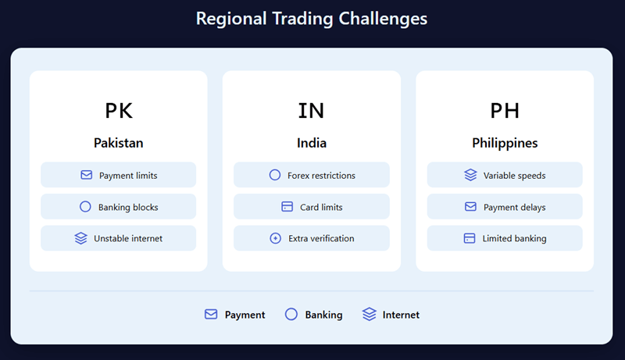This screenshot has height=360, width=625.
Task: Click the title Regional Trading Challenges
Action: (x=312, y=18)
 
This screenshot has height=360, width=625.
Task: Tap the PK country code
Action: (x=119, y=111)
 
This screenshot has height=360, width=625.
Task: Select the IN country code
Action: (x=312, y=111)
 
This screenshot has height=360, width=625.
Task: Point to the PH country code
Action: (x=505, y=111)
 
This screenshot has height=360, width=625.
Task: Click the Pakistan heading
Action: (x=119, y=144)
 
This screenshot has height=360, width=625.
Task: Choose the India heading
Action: (x=312, y=144)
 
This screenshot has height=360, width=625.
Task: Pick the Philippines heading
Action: (x=505, y=144)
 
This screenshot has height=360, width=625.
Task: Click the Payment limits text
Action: (x=128, y=176)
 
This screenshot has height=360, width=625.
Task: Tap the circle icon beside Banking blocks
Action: (x=85, y=207)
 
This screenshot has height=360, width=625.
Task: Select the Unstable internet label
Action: (x=128, y=238)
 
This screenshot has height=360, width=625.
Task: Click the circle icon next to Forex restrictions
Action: (x=275, y=176)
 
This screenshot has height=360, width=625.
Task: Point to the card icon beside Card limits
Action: (x=287, y=207)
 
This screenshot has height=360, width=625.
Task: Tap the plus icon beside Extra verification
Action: (x=275, y=238)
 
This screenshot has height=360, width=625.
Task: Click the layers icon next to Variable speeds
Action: (x=470, y=176)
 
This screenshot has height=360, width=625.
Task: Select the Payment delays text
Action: (x=514, y=207)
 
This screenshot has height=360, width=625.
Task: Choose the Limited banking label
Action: (x=514, y=238)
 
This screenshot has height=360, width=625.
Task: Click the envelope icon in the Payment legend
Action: (x=211, y=315)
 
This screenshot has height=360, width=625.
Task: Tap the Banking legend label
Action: (x=323, y=315)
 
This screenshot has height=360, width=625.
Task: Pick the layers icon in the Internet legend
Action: (x=370, y=315)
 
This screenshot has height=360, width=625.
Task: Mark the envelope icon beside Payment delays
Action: (x=470, y=207)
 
